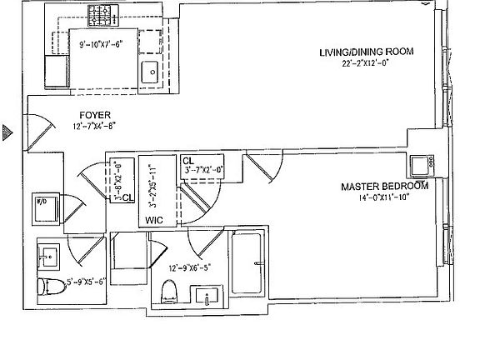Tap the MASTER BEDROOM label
point(384,186)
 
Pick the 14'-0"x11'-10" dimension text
point(385,198)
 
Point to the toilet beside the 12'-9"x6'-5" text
point(169,291)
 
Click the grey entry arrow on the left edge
point(6,130)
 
